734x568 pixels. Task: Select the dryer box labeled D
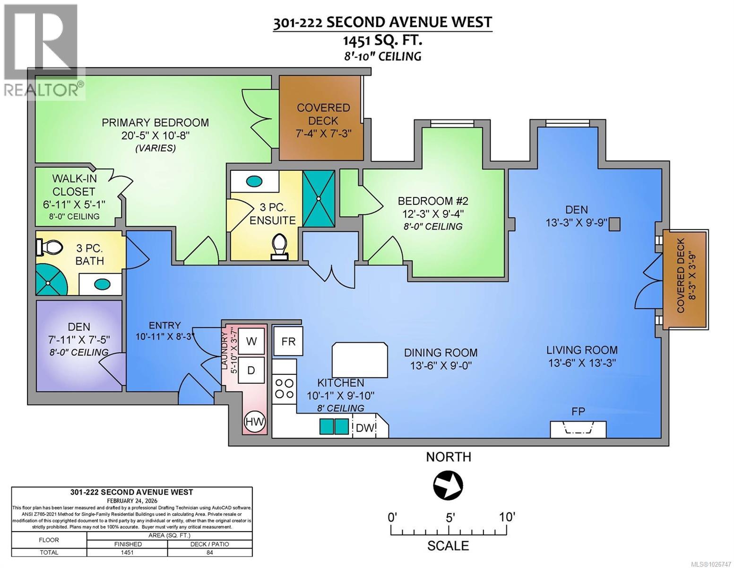[x=251, y=370]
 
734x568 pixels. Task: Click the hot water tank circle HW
[x=255, y=421]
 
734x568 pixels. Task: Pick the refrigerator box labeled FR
[x=288, y=341]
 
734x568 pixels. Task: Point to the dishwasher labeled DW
[x=365, y=427]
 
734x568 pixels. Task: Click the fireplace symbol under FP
[x=578, y=429]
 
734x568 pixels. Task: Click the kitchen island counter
[x=360, y=359]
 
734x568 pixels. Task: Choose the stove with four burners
[x=284, y=388]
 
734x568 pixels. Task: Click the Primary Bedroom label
[x=155, y=123]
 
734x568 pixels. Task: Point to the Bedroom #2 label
[x=433, y=201]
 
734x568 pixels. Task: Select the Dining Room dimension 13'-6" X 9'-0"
[x=441, y=366]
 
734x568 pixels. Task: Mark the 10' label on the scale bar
[x=506, y=516]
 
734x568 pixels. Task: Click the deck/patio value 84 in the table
[x=209, y=552]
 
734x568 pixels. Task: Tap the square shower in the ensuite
[x=319, y=199]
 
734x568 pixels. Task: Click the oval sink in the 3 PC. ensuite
[x=254, y=181]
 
